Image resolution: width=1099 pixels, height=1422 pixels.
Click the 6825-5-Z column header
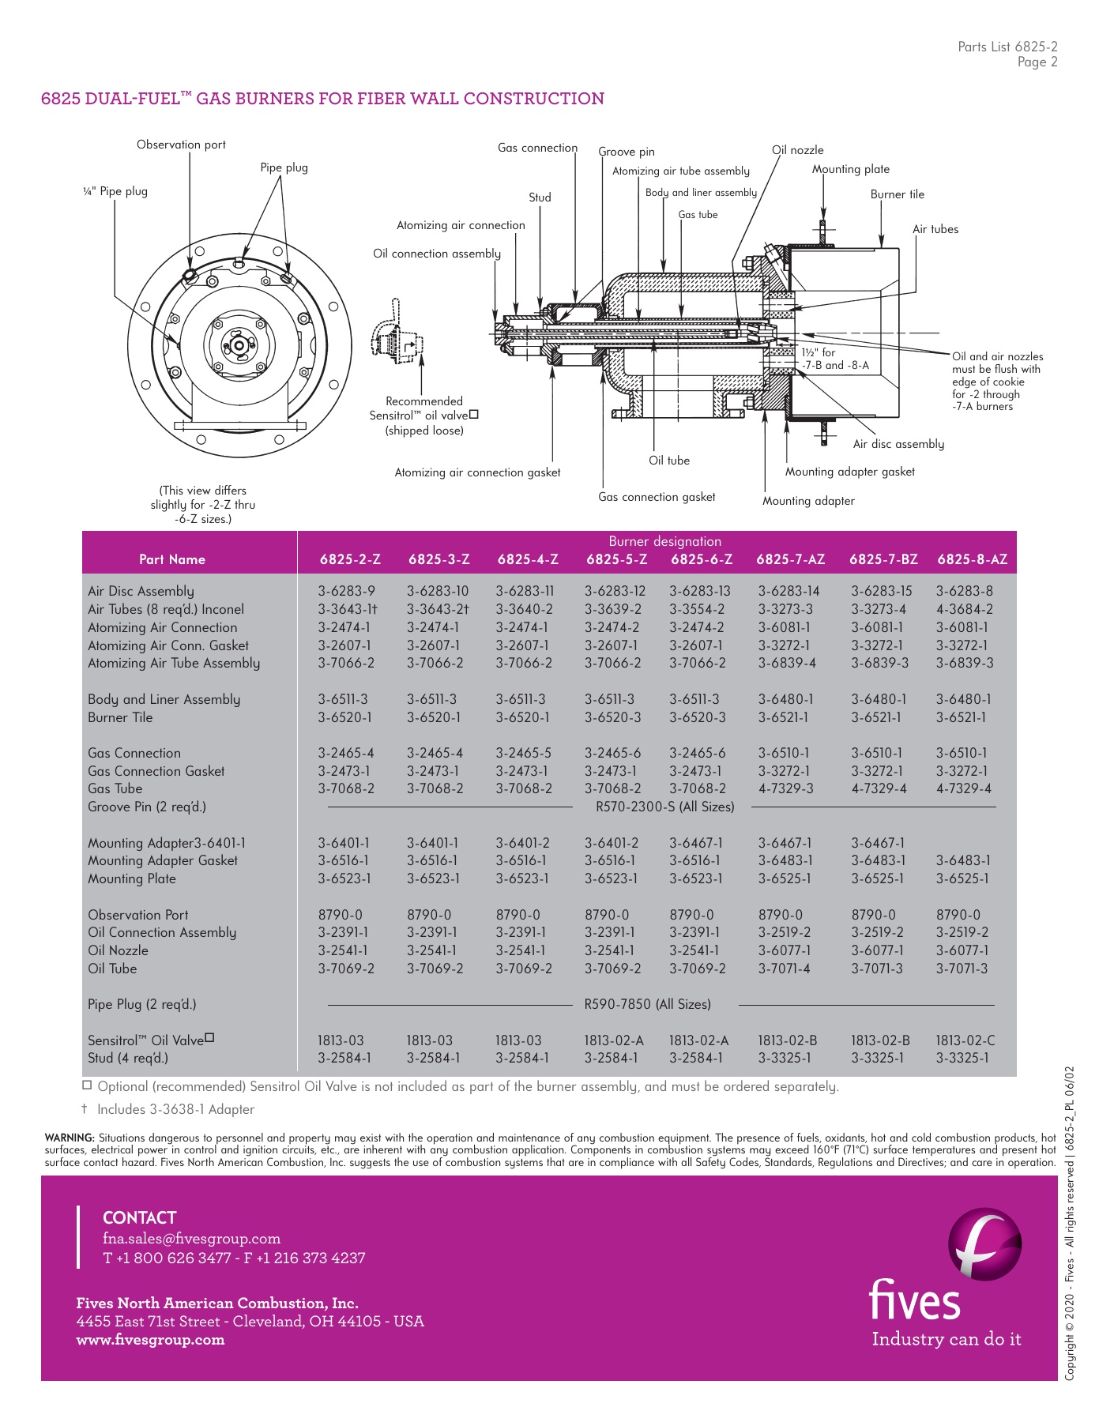616,559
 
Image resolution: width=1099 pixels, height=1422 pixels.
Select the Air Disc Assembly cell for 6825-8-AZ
964,591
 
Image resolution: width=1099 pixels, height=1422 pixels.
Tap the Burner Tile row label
120,717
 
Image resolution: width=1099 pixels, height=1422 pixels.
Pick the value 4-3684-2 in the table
964,609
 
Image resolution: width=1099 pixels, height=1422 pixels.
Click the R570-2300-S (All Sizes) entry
664,807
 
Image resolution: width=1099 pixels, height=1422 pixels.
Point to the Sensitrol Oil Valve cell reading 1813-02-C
965,1040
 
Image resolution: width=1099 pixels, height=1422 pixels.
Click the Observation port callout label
181,145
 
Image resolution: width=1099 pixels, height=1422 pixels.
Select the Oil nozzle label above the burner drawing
797,150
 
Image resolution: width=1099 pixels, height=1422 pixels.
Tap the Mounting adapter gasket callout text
849,472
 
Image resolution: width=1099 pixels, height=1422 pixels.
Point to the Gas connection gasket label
657,497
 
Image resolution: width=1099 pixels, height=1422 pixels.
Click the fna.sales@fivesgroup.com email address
191,1239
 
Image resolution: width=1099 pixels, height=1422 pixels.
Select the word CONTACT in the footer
139,1217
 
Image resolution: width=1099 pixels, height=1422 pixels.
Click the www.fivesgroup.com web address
150,1340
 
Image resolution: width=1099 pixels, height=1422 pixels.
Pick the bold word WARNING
70,1138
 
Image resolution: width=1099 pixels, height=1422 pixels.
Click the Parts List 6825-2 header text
1007,47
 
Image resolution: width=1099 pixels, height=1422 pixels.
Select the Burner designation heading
664,541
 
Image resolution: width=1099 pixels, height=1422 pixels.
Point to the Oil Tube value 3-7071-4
784,969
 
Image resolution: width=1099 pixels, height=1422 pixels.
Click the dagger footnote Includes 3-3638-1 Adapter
175,1109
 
